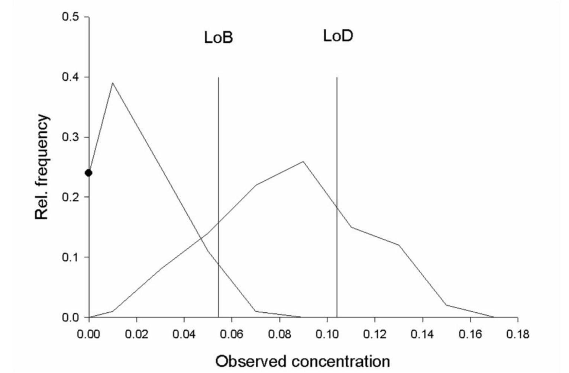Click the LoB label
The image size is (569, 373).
coord(219,38)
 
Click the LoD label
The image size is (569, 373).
coord(338,36)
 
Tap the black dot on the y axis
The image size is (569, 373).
coord(88,173)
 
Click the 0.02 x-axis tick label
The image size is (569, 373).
coord(137,334)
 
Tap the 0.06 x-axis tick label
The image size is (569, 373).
coord(232,334)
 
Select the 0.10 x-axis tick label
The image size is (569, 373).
coord(327,334)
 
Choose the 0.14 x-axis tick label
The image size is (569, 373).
coord(423,334)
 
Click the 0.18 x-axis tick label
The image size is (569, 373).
coord(517,334)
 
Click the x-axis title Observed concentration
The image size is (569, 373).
coord(303,361)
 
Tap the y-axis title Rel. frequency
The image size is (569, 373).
coord(42,167)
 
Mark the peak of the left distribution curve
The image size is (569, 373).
coord(113,83)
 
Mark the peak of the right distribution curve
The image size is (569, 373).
coord(303,161)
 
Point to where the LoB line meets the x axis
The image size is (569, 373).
coord(219,317)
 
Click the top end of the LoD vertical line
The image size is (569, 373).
coord(337,78)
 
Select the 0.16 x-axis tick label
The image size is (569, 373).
coord(470,334)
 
